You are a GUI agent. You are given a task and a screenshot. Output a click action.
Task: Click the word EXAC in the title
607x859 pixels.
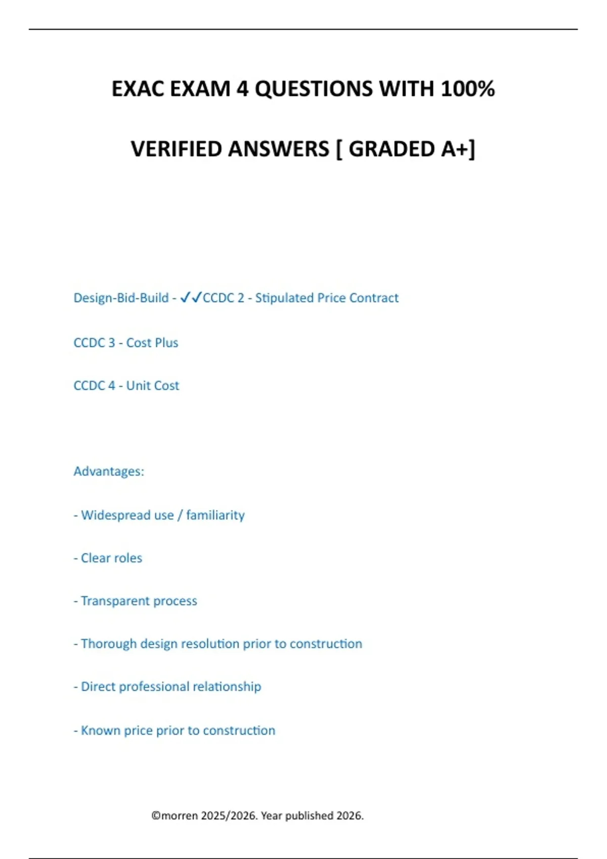click(138, 89)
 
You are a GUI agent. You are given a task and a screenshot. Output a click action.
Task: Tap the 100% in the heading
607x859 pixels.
click(467, 89)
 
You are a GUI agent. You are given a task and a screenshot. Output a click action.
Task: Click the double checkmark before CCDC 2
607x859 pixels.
click(191, 298)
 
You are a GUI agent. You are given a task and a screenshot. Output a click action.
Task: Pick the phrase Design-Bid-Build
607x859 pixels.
click(121, 298)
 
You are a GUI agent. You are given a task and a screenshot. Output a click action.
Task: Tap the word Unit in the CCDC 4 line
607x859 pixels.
click(137, 386)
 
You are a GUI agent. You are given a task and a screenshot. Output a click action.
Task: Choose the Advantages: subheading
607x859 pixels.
click(109, 471)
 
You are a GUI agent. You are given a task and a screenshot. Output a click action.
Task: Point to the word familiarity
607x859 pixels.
click(215, 515)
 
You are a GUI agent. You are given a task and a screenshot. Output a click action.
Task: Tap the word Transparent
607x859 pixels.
click(115, 601)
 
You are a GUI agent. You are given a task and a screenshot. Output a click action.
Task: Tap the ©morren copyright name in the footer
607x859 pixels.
click(175, 816)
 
